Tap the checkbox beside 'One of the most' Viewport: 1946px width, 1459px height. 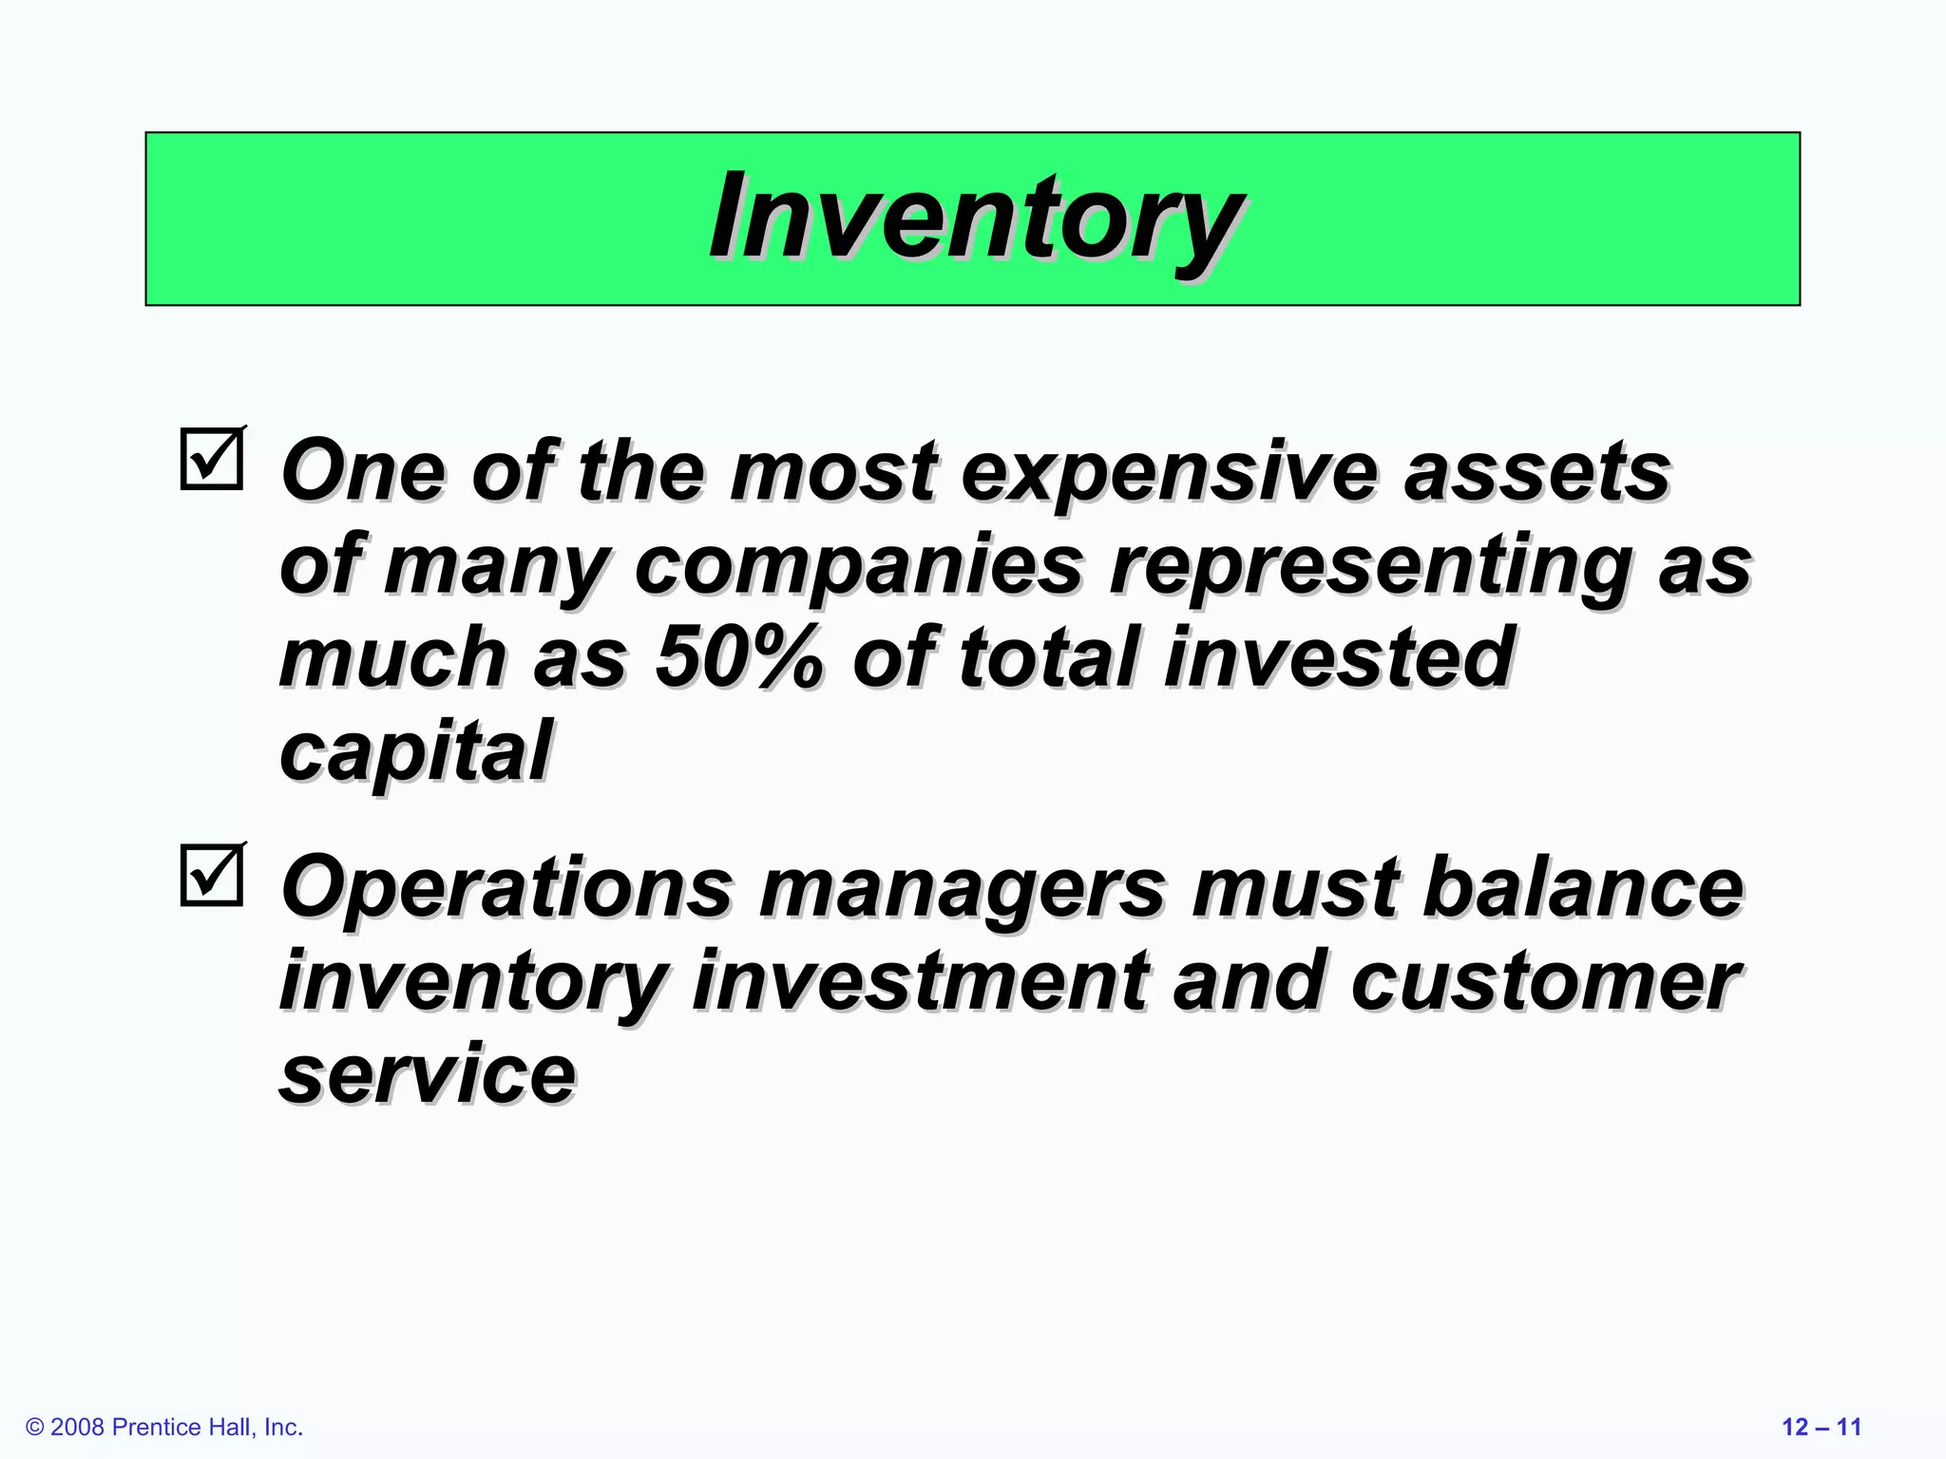coord(211,459)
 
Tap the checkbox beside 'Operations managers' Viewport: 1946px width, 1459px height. coord(211,875)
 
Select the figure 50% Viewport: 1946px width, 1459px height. coord(738,657)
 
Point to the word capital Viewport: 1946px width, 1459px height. coord(415,751)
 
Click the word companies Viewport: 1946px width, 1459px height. coord(858,565)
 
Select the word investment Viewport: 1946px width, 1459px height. coord(920,981)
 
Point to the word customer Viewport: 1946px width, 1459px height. coord(1546,981)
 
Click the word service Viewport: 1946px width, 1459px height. coord(428,1073)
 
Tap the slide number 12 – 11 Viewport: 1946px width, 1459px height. coord(1821,1427)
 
